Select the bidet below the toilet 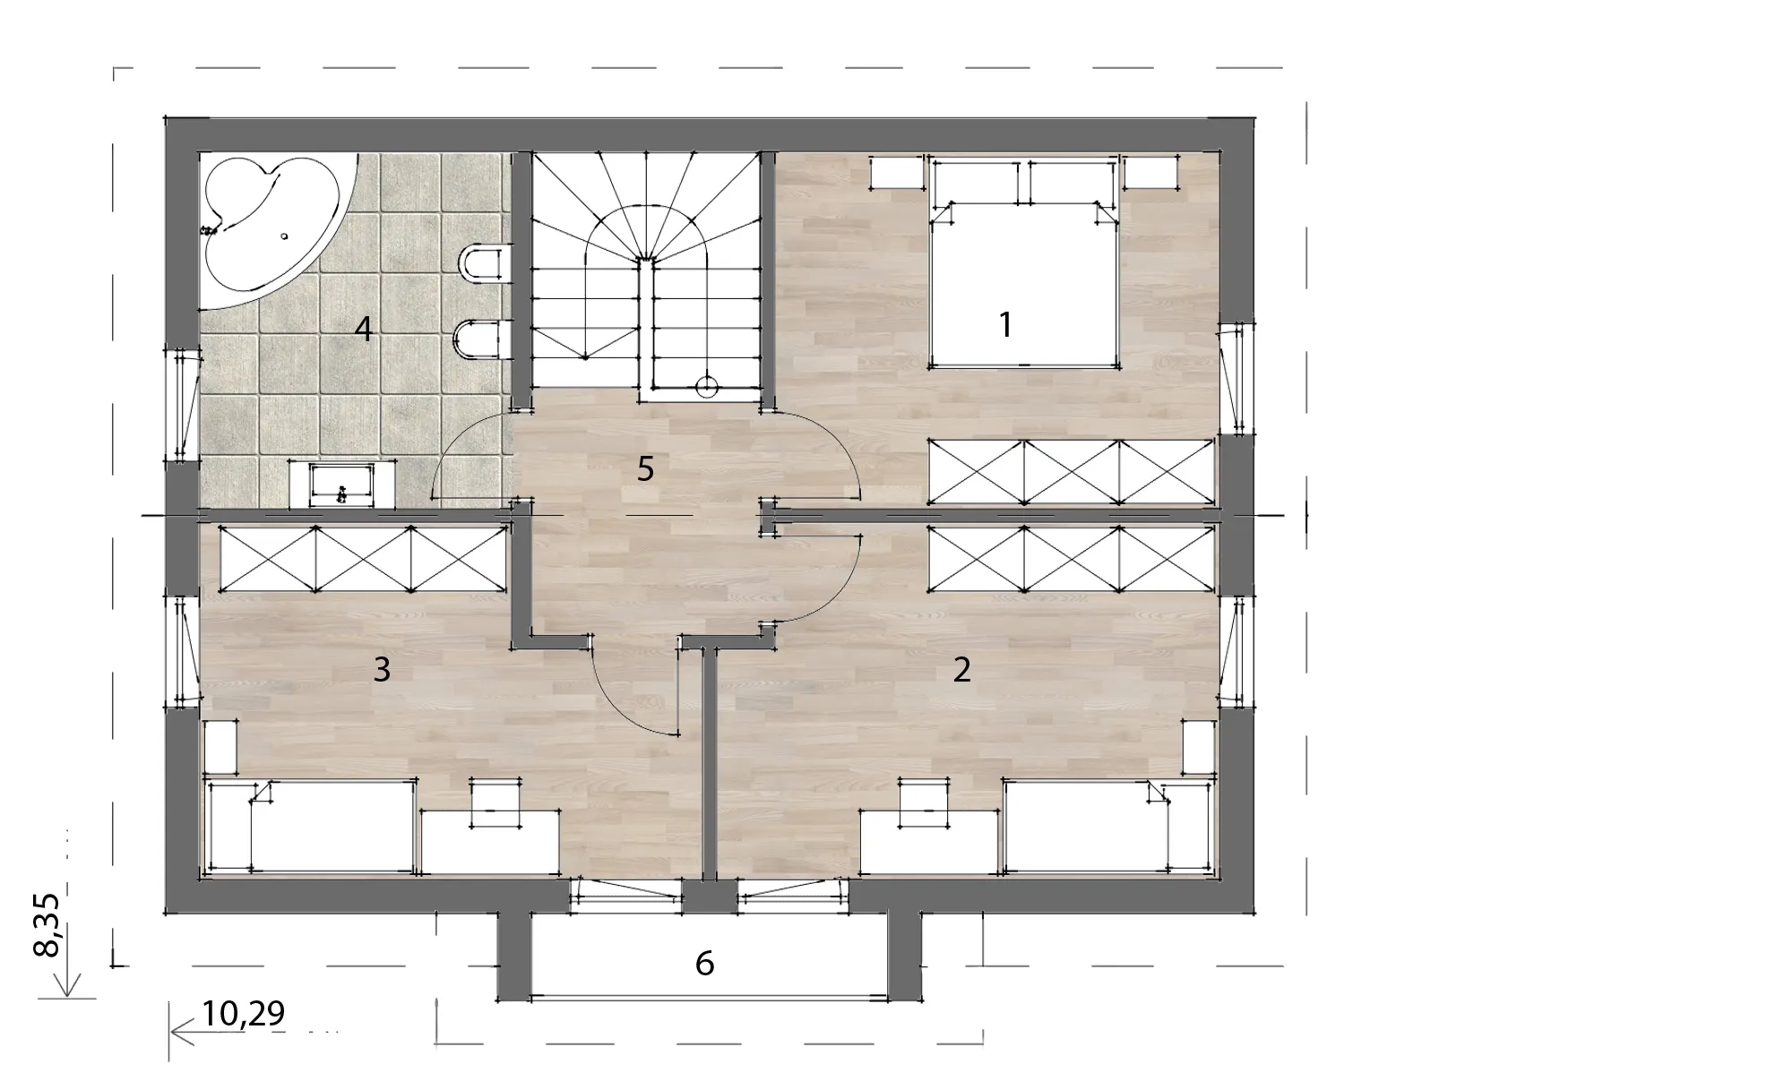pos(482,340)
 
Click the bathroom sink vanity pos(342,485)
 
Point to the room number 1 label pos(1005,324)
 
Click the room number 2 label pos(961,669)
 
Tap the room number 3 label pos(382,669)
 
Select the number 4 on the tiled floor pos(363,329)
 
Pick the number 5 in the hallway pos(645,468)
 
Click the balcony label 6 pos(704,963)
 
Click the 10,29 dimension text pos(243,1013)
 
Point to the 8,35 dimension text pos(47,925)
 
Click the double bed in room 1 pos(1024,262)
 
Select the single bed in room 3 pos(311,826)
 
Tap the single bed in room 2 pos(1109,826)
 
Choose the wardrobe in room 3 pos(363,558)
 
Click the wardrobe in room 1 pos(1071,471)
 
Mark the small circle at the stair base pos(707,387)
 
